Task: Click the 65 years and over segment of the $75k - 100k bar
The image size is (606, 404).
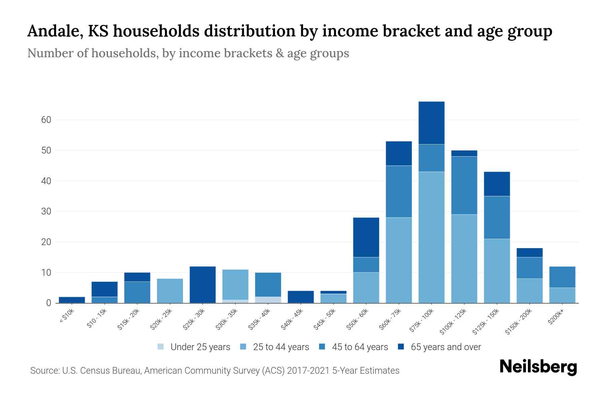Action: click(431, 123)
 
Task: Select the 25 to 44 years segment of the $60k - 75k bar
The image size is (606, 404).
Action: click(399, 260)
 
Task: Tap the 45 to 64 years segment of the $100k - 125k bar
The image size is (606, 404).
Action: click(464, 185)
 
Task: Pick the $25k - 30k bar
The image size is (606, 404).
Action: click(203, 285)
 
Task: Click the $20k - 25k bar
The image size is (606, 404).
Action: click(170, 291)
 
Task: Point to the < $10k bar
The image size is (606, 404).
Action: click(72, 300)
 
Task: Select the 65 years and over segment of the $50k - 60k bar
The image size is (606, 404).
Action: click(366, 237)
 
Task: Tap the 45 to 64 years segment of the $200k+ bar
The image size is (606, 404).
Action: click(562, 277)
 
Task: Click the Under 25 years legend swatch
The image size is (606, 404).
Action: click(161, 347)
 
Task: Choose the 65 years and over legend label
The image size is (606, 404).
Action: click(446, 347)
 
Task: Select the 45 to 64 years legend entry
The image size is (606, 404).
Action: click(360, 347)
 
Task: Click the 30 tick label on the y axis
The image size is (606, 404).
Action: click(46, 211)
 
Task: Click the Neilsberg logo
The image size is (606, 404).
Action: click(538, 367)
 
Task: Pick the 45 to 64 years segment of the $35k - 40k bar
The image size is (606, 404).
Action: click(268, 284)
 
